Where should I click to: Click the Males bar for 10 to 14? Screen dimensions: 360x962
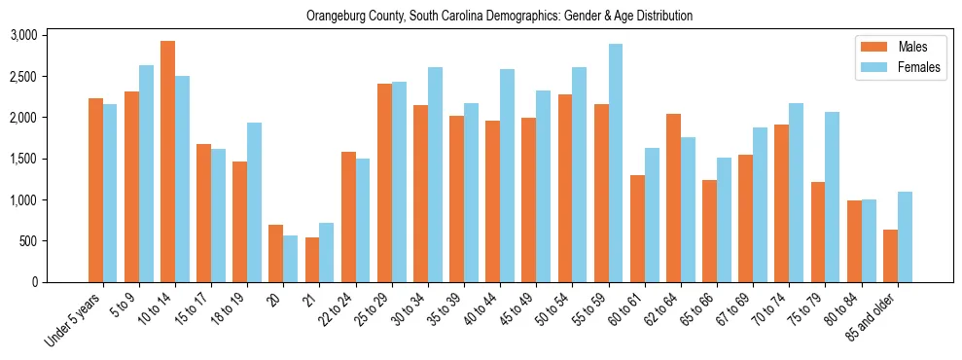pyautogui.click(x=167, y=162)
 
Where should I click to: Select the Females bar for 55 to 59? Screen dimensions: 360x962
pyautogui.click(x=616, y=163)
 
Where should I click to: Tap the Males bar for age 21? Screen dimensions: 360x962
pyautogui.click(x=312, y=260)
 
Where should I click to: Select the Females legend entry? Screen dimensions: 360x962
pyautogui.click(x=901, y=67)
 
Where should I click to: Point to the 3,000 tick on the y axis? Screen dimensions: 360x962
pyautogui.click(x=50, y=35)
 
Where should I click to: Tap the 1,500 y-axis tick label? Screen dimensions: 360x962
pyautogui.click(x=50, y=159)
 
